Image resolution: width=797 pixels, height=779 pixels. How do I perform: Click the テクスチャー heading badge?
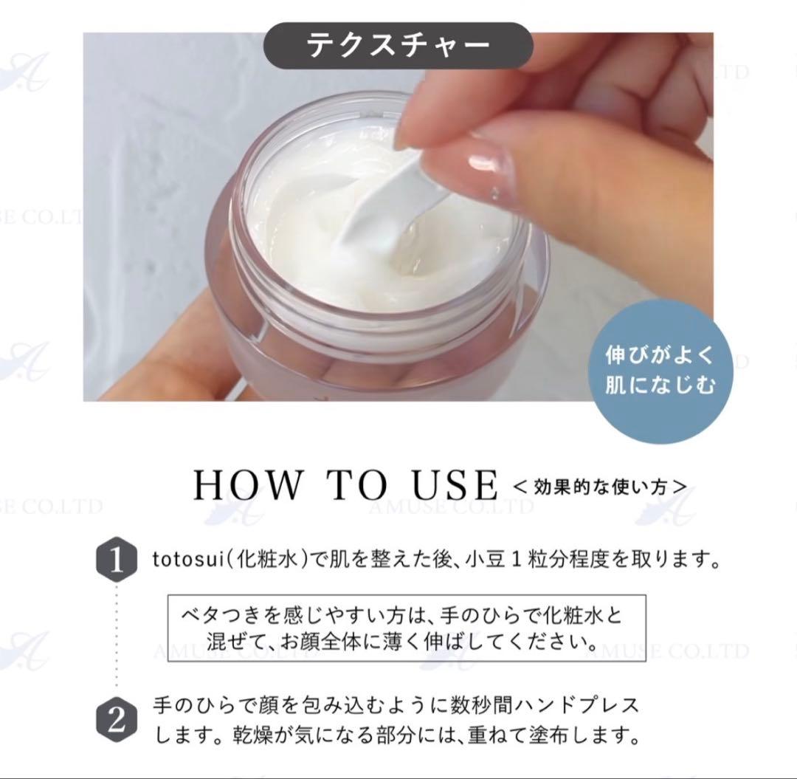[398, 45]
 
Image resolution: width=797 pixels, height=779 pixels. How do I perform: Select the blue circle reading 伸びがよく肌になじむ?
[660, 371]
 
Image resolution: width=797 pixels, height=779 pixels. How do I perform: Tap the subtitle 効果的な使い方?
[600, 487]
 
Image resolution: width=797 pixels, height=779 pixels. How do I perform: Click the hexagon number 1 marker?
[117, 561]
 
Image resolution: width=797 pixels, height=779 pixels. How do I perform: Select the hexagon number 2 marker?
[117, 721]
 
